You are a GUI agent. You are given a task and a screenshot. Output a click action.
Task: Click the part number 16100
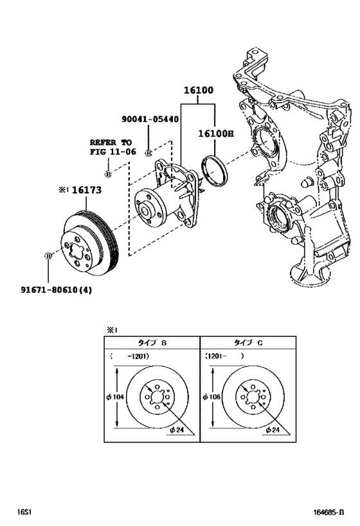pyautogui.click(x=198, y=91)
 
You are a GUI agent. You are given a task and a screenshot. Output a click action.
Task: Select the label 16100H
pyautogui.click(x=215, y=134)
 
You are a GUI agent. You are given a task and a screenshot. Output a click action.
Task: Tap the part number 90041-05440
pyautogui.click(x=150, y=119)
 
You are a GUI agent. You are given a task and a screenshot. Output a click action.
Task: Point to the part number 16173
pyautogui.click(x=86, y=190)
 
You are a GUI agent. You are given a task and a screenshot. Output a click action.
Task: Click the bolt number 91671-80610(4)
pyautogui.click(x=56, y=289)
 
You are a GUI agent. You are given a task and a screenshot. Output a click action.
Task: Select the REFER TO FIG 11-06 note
pyautogui.click(x=113, y=147)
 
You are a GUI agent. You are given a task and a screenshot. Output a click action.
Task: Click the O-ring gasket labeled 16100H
pyautogui.click(x=214, y=170)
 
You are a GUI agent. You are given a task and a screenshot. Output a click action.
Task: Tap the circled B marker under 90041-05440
pyautogui.click(x=148, y=153)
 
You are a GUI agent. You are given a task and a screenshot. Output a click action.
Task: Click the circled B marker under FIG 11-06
pyautogui.click(x=108, y=174)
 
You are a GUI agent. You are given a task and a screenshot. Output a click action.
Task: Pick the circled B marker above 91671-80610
pyautogui.click(x=48, y=256)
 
